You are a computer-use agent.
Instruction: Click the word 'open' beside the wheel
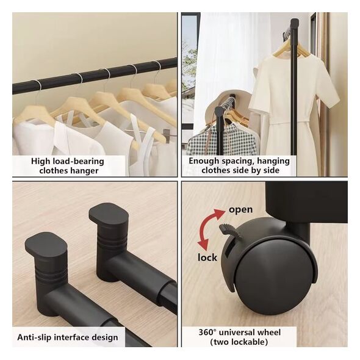point(240,209)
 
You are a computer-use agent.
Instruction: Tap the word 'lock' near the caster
point(207,257)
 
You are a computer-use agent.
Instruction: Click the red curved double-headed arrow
point(209,229)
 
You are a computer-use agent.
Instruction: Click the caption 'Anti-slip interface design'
point(68,337)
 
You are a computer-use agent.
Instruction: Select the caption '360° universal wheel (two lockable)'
point(239,337)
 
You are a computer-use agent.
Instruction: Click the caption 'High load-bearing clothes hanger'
point(68,166)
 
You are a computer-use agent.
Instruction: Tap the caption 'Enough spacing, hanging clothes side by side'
point(239,165)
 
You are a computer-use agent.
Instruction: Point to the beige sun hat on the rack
point(220,108)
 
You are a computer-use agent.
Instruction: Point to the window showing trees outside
point(190,69)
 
